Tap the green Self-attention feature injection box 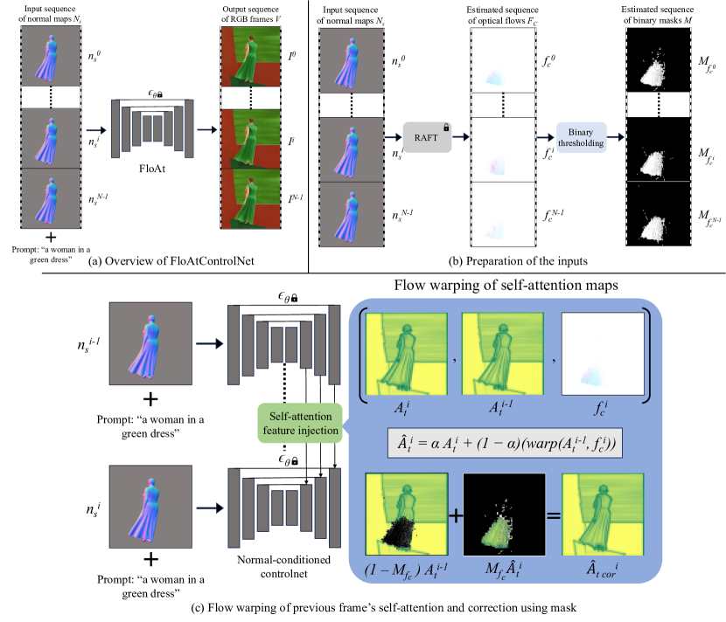point(297,424)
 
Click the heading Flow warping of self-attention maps point(507,286)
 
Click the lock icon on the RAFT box point(445,127)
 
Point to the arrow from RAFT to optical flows point(462,137)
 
